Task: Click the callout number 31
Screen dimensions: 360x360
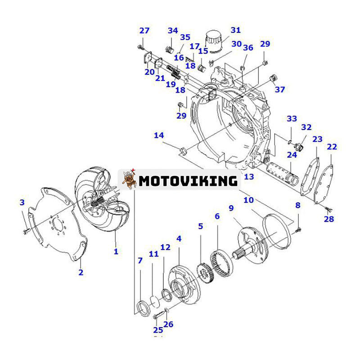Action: point(236,30)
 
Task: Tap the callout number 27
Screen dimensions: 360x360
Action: point(144,31)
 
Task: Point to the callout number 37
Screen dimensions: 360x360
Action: point(280,89)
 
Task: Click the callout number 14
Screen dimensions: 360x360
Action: point(158,135)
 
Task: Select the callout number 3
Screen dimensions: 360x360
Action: point(22,202)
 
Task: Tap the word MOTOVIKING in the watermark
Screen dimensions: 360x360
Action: point(188,181)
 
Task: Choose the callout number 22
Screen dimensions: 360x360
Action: point(332,147)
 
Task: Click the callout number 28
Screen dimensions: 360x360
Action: point(329,219)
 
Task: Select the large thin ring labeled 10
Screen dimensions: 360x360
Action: point(277,232)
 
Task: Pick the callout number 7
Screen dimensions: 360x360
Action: point(140,261)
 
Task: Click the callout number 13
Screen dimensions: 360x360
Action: point(249,177)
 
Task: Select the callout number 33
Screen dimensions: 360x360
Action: point(292,119)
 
